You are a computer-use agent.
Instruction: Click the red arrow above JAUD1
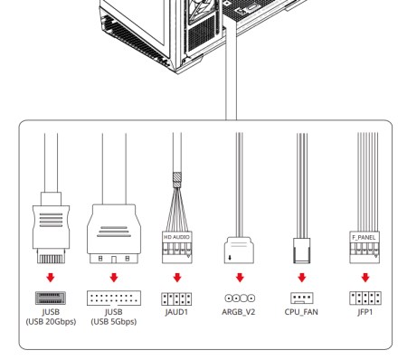click(x=177, y=278)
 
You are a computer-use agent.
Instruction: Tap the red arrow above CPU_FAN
click(x=302, y=278)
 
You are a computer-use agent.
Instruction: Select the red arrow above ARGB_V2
click(x=240, y=278)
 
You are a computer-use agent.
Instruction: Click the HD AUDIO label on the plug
click(x=176, y=237)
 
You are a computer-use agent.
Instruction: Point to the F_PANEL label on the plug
click(x=364, y=237)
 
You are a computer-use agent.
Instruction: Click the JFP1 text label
click(x=364, y=312)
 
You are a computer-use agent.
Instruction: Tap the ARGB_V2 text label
click(x=238, y=312)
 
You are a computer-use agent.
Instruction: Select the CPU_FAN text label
click(x=301, y=312)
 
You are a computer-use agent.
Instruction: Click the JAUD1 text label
click(x=176, y=312)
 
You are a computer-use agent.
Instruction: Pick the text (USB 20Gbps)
click(x=51, y=322)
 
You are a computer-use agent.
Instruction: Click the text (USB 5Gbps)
click(x=114, y=322)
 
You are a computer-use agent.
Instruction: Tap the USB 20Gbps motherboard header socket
click(x=51, y=298)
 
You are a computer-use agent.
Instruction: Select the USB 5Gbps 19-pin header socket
click(x=114, y=298)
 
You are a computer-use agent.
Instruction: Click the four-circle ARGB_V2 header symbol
click(x=240, y=298)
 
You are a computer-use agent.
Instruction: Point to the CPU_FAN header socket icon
click(x=302, y=298)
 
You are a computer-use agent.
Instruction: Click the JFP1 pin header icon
click(x=365, y=298)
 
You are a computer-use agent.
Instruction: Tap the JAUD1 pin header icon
click(x=176, y=298)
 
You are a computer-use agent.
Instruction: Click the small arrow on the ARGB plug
click(x=230, y=258)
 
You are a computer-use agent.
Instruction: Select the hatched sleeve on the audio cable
click(x=177, y=180)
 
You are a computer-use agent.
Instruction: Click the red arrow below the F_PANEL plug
click(x=365, y=278)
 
